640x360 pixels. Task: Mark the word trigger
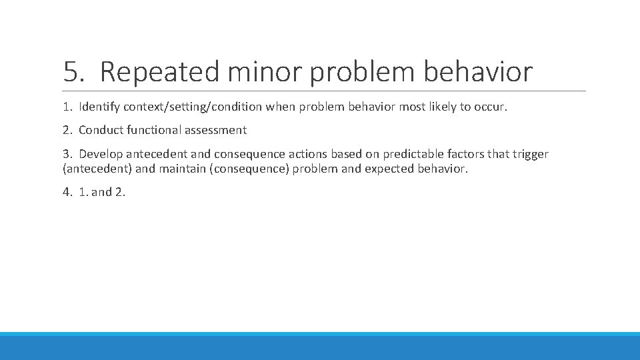tap(530, 154)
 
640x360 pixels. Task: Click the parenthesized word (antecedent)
tap(97, 169)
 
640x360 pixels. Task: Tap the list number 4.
tap(67, 192)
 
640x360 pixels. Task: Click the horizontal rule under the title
tap(324, 91)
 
